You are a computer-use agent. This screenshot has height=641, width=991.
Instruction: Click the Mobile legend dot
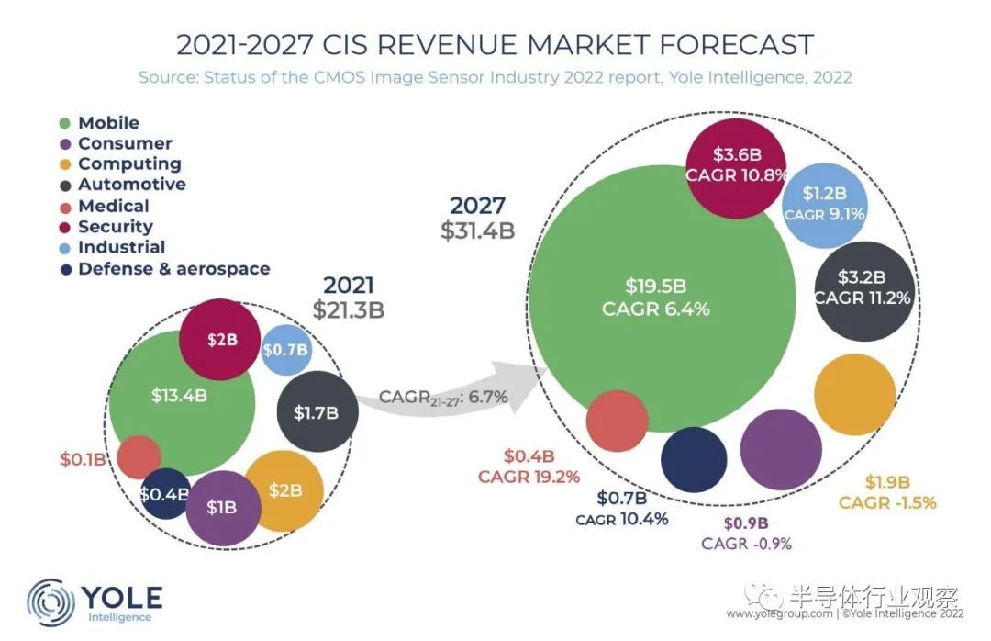coord(65,123)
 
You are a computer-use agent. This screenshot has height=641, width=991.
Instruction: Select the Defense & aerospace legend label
coord(173,269)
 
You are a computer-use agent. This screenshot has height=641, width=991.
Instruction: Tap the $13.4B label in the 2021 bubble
coord(180,396)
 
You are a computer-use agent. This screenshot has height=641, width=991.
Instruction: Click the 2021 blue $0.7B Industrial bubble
coord(285,350)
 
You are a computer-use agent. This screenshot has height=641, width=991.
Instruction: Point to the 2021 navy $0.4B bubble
coord(164,494)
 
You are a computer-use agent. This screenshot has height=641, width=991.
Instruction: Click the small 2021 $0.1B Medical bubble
coord(139,456)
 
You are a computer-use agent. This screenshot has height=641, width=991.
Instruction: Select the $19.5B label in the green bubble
coord(655,285)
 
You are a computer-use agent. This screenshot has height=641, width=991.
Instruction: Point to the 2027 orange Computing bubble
coord(854,394)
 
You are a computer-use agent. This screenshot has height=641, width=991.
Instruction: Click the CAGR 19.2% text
coord(529,477)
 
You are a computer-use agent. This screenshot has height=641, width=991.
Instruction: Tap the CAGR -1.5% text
coord(887,502)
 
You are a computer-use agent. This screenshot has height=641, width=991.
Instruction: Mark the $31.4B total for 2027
coord(477,231)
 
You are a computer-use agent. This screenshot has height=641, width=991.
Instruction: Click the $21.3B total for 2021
coord(348,310)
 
